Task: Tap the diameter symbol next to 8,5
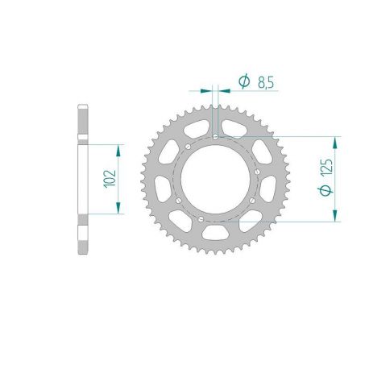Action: [243, 81]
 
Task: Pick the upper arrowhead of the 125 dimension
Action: [336, 141]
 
